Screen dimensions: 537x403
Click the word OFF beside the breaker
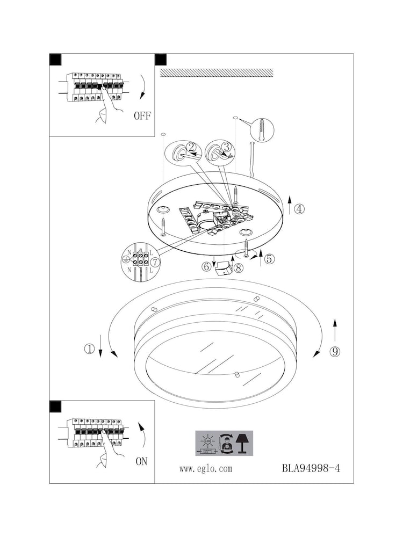coord(142,115)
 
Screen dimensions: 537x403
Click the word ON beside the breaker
coord(141,461)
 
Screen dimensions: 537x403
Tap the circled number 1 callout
coord(89,349)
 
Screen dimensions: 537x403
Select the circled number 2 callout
coord(191,148)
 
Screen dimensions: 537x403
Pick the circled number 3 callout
coord(226,147)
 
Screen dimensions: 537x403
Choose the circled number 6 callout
coord(206,266)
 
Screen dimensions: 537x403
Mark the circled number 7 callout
coord(155,262)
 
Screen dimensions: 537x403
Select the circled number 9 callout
coord(335,352)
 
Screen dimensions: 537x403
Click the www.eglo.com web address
coord(206,469)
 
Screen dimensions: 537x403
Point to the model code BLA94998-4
coord(311,468)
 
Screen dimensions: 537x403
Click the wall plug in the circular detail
coord(262,130)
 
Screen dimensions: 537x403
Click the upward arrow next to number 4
coord(290,205)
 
